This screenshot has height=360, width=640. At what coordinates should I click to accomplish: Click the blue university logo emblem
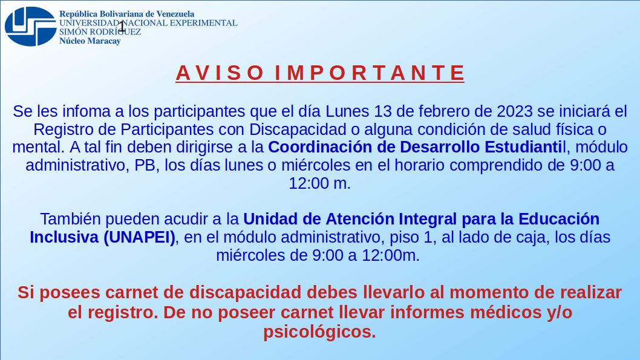[x=30, y=27]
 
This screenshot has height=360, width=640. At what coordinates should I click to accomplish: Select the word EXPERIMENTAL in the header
[x=204, y=23]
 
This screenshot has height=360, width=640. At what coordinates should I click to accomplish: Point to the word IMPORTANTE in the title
[x=370, y=73]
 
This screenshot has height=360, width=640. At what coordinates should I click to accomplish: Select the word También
[x=71, y=219]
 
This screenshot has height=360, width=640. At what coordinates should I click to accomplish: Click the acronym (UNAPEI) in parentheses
[x=140, y=237]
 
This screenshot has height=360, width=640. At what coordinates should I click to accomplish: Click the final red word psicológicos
[x=319, y=332]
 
